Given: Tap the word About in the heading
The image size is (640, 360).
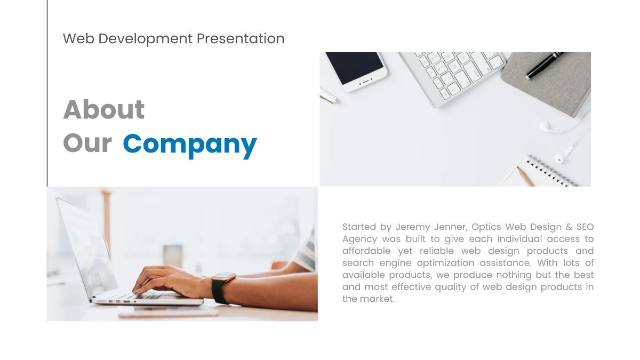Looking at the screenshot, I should [104, 110].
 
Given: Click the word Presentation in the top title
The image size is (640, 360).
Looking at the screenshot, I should [240, 39].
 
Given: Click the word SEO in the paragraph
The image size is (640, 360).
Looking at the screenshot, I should [585, 227].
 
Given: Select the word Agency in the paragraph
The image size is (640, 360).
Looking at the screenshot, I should [359, 239].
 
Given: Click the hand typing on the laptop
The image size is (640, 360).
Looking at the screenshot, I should [165, 280].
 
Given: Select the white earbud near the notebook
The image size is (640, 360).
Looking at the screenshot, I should [545, 127].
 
